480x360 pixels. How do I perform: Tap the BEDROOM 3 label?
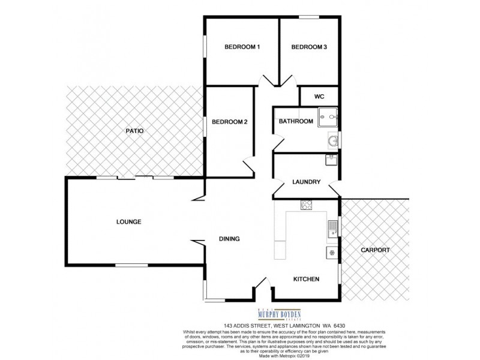coord(308,47)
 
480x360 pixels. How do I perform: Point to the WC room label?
coord(319,96)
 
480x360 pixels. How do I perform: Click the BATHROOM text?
coord(296,122)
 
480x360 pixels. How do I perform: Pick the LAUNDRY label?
coord(306,182)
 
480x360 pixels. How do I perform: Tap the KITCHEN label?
coord(306,280)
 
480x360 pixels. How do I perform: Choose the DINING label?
coord(229,239)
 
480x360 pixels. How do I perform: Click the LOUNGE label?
coord(128,222)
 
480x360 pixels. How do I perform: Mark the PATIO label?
coord(134,131)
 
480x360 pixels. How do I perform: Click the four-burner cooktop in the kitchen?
coord(306,205)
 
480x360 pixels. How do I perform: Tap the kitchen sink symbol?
coord(331,228)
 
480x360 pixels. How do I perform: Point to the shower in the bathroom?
coord(328,116)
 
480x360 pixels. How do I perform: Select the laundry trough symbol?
coord(329,160)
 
